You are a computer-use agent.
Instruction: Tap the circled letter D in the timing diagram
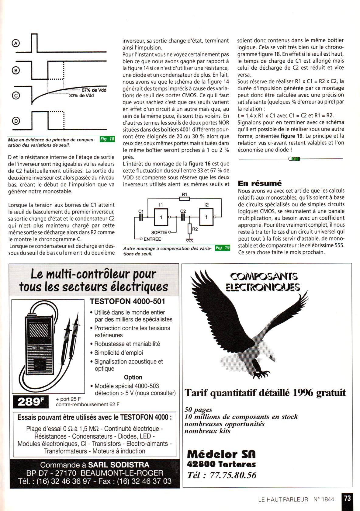[x=16, y=121]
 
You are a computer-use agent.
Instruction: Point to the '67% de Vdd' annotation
[x=94, y=90]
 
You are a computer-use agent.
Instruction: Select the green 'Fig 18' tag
[x=107, y=139]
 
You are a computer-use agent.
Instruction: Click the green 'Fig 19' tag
[x=223, y=248]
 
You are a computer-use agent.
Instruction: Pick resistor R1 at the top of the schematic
[x=185, y=199]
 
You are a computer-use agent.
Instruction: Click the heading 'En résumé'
[x=260, y=183]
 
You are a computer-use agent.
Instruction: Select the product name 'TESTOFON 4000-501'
[x=127, y=301]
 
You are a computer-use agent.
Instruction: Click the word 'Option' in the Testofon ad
[x=133, y=377]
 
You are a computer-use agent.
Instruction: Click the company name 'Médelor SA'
[x=221, y=454]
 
